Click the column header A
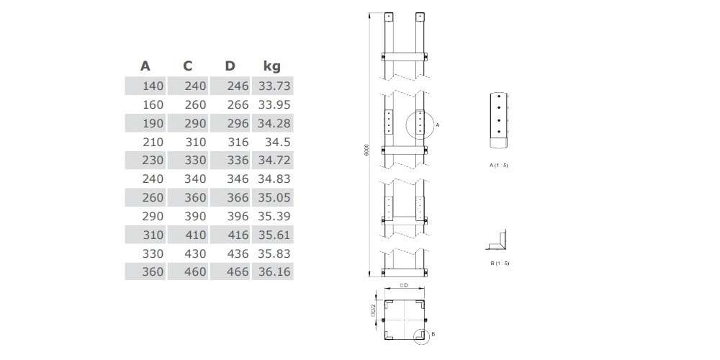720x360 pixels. (145, 66)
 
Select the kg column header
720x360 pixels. (272, 66)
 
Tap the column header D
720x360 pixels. (230, 66)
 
